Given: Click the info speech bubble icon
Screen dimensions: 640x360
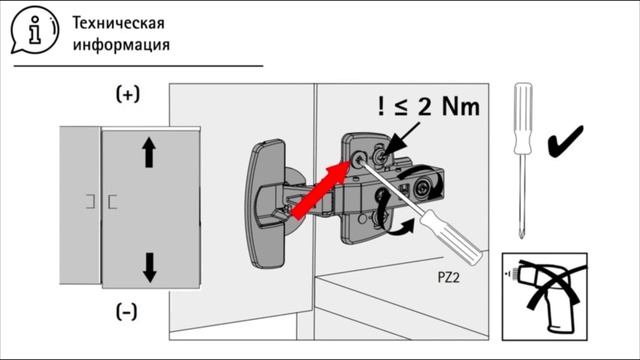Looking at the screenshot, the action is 35,30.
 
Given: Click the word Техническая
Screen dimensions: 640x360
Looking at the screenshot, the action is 118,23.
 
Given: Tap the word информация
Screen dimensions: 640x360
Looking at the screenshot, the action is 121,44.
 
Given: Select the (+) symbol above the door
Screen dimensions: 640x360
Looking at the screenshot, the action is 128,94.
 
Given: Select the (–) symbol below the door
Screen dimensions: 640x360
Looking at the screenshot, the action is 127,312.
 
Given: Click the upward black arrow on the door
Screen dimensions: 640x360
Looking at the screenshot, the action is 149,152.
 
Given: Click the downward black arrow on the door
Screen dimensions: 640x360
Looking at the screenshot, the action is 150,268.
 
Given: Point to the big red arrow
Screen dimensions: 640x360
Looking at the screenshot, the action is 321,189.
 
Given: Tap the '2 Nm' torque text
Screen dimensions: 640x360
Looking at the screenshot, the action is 449,107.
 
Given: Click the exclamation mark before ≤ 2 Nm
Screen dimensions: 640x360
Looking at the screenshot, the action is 381,107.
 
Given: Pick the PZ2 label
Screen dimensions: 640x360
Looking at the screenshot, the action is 449,278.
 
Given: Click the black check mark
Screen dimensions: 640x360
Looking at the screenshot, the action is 565,141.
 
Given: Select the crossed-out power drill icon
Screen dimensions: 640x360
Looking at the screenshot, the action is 545,297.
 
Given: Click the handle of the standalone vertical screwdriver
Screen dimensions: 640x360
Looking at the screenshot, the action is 523,118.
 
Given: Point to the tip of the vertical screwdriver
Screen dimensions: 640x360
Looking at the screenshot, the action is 522,237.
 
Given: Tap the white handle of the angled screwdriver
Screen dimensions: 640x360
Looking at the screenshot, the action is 451,237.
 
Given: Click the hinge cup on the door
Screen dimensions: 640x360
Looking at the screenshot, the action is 266,203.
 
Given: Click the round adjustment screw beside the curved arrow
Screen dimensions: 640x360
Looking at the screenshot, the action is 422,188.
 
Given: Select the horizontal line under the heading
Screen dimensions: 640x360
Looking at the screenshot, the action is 138,65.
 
